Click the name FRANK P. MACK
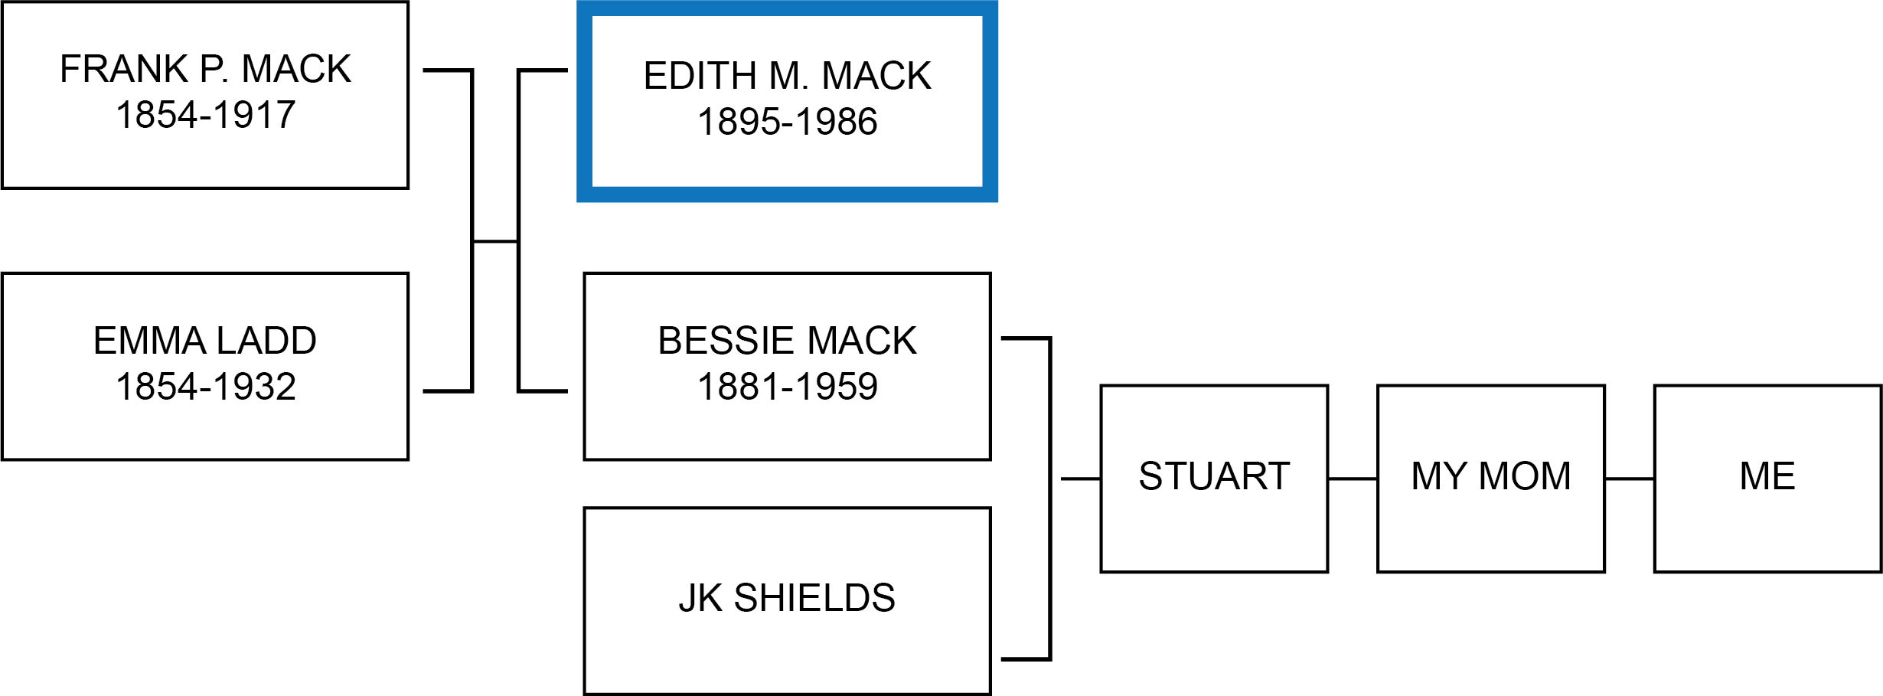205,69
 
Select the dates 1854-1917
205,116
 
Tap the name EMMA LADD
205,341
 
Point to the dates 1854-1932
205,387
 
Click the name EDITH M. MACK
787,76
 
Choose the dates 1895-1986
787,122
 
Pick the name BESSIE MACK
787,341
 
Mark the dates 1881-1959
787,387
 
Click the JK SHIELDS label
787,598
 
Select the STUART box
1214,479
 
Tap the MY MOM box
1490,479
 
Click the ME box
1767,479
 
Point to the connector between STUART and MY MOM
1353,479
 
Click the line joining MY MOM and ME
1630,479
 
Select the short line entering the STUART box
1081,479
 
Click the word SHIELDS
814,598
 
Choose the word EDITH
700,76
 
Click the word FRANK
124,69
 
